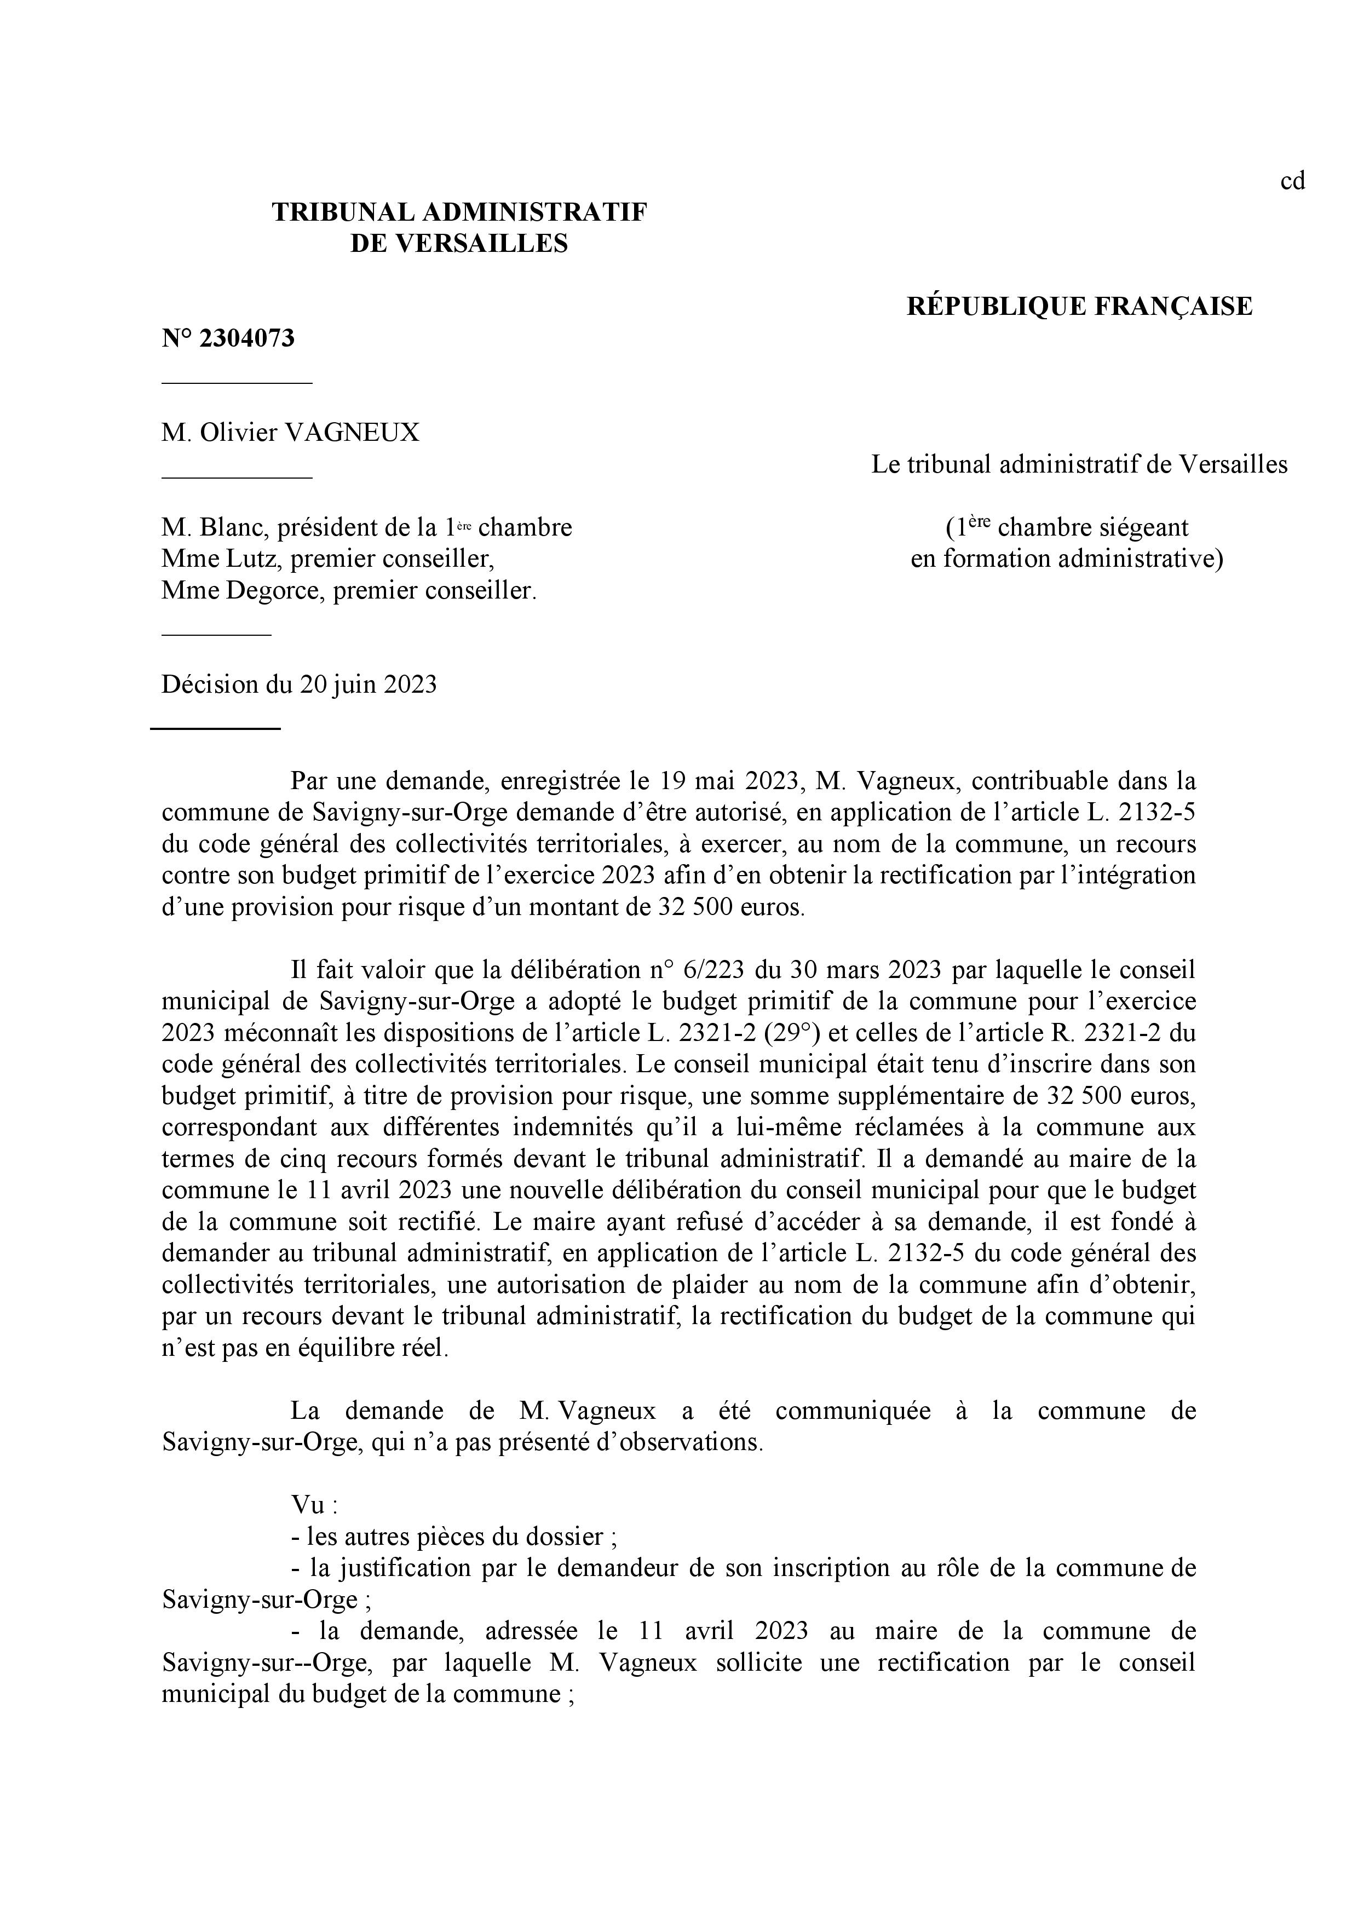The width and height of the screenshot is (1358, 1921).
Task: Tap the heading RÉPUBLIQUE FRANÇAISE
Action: tap(1079, 306)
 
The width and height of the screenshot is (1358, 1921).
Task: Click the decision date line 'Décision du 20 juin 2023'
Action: tap(299, 685)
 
